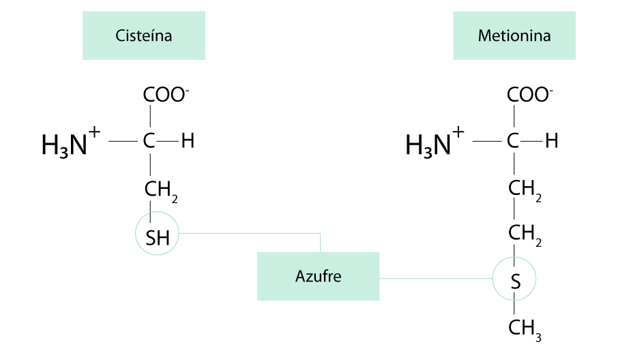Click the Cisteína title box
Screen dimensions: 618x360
(144, 35)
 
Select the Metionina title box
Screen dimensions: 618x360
(514, 35)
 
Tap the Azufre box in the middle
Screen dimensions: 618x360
(319, 277)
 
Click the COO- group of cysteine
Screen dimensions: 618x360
(166, 95)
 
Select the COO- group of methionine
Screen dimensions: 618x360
(530, 95)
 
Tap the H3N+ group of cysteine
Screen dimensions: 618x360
(71, 142)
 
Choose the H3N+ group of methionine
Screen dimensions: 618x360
(435, 142)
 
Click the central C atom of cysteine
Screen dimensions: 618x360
(149, 141)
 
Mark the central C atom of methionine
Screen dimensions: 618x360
(513, 141)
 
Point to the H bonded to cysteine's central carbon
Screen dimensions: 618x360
(188, 141)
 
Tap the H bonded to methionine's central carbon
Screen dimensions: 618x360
(551, 141)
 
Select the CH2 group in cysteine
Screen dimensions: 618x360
(161, 192)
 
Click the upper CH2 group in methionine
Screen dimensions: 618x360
(525, 191)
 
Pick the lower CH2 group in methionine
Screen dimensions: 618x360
(525, 235)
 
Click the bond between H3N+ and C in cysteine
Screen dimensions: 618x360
(123, 141)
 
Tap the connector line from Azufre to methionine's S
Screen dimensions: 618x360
(436, 278)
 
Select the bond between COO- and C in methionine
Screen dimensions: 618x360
(514, 116)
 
